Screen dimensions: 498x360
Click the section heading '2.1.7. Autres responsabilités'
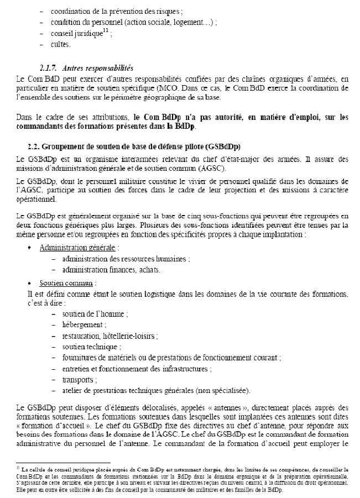(x=91, y=69)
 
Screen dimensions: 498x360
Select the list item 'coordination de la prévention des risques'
(x=113, y=11)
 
